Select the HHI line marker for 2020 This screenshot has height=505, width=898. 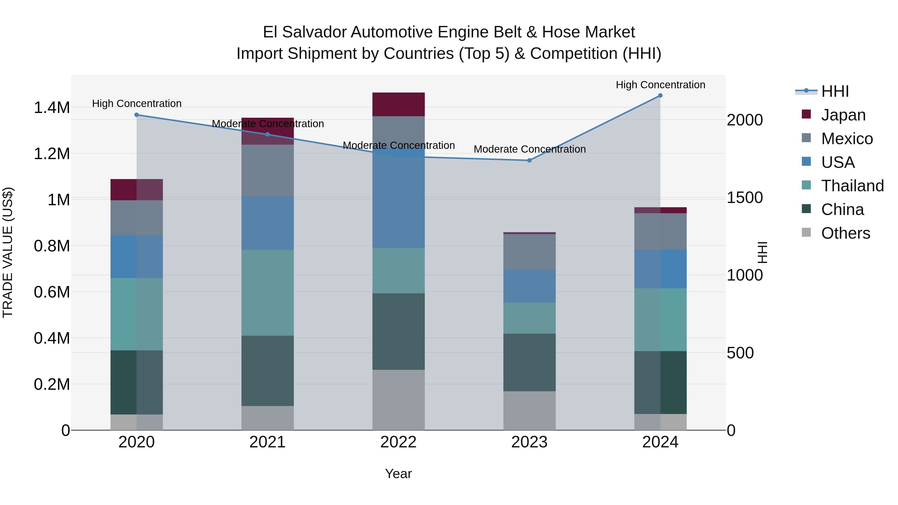[137, 115]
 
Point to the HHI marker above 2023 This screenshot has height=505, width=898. [529, 160]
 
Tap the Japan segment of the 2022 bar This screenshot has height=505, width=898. [398, 104]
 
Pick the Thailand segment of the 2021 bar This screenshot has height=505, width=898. [267, 293]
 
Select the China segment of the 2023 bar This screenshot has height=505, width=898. [529, 362]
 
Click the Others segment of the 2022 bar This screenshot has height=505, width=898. [398, 400]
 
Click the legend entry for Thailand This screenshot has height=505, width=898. [852, 186]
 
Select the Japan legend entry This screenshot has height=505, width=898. [843, 115]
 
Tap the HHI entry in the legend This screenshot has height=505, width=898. [835, 91]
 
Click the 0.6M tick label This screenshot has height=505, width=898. [52, 292]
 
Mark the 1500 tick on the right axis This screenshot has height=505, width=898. [745, 198]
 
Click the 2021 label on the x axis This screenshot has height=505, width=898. [267, 442]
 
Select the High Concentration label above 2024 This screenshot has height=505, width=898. [660, 85]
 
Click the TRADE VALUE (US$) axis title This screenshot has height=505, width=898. [8, 252]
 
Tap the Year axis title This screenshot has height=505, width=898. [398, 474]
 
